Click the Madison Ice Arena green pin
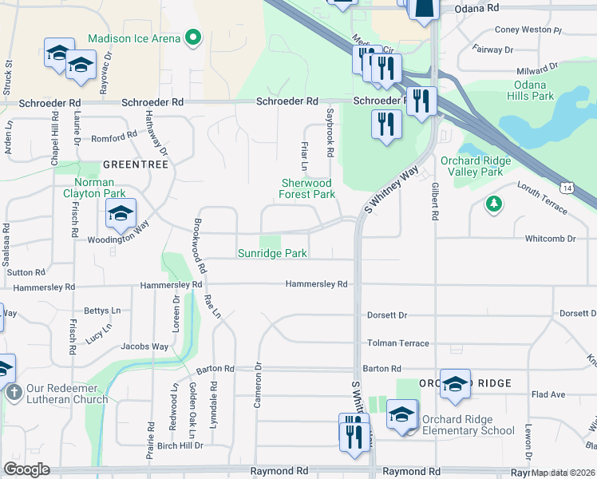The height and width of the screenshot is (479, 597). pos(192,37)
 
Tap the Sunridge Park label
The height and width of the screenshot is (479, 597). pos(272,253)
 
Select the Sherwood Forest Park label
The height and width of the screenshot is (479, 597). pos(307,188)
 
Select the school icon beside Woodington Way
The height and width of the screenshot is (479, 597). pos(121,213)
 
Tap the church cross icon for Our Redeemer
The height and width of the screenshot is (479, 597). pos(13,393)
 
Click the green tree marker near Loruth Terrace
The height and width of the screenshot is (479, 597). pos(494,205)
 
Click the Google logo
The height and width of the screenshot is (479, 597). pos(26,469)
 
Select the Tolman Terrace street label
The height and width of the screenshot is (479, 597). pos(397,343)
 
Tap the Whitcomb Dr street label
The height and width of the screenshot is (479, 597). pos(550,239)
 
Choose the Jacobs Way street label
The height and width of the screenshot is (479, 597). pos(144,346)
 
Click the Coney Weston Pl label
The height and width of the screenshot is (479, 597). pos(528,30)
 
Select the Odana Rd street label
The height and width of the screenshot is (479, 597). pos(476,7)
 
